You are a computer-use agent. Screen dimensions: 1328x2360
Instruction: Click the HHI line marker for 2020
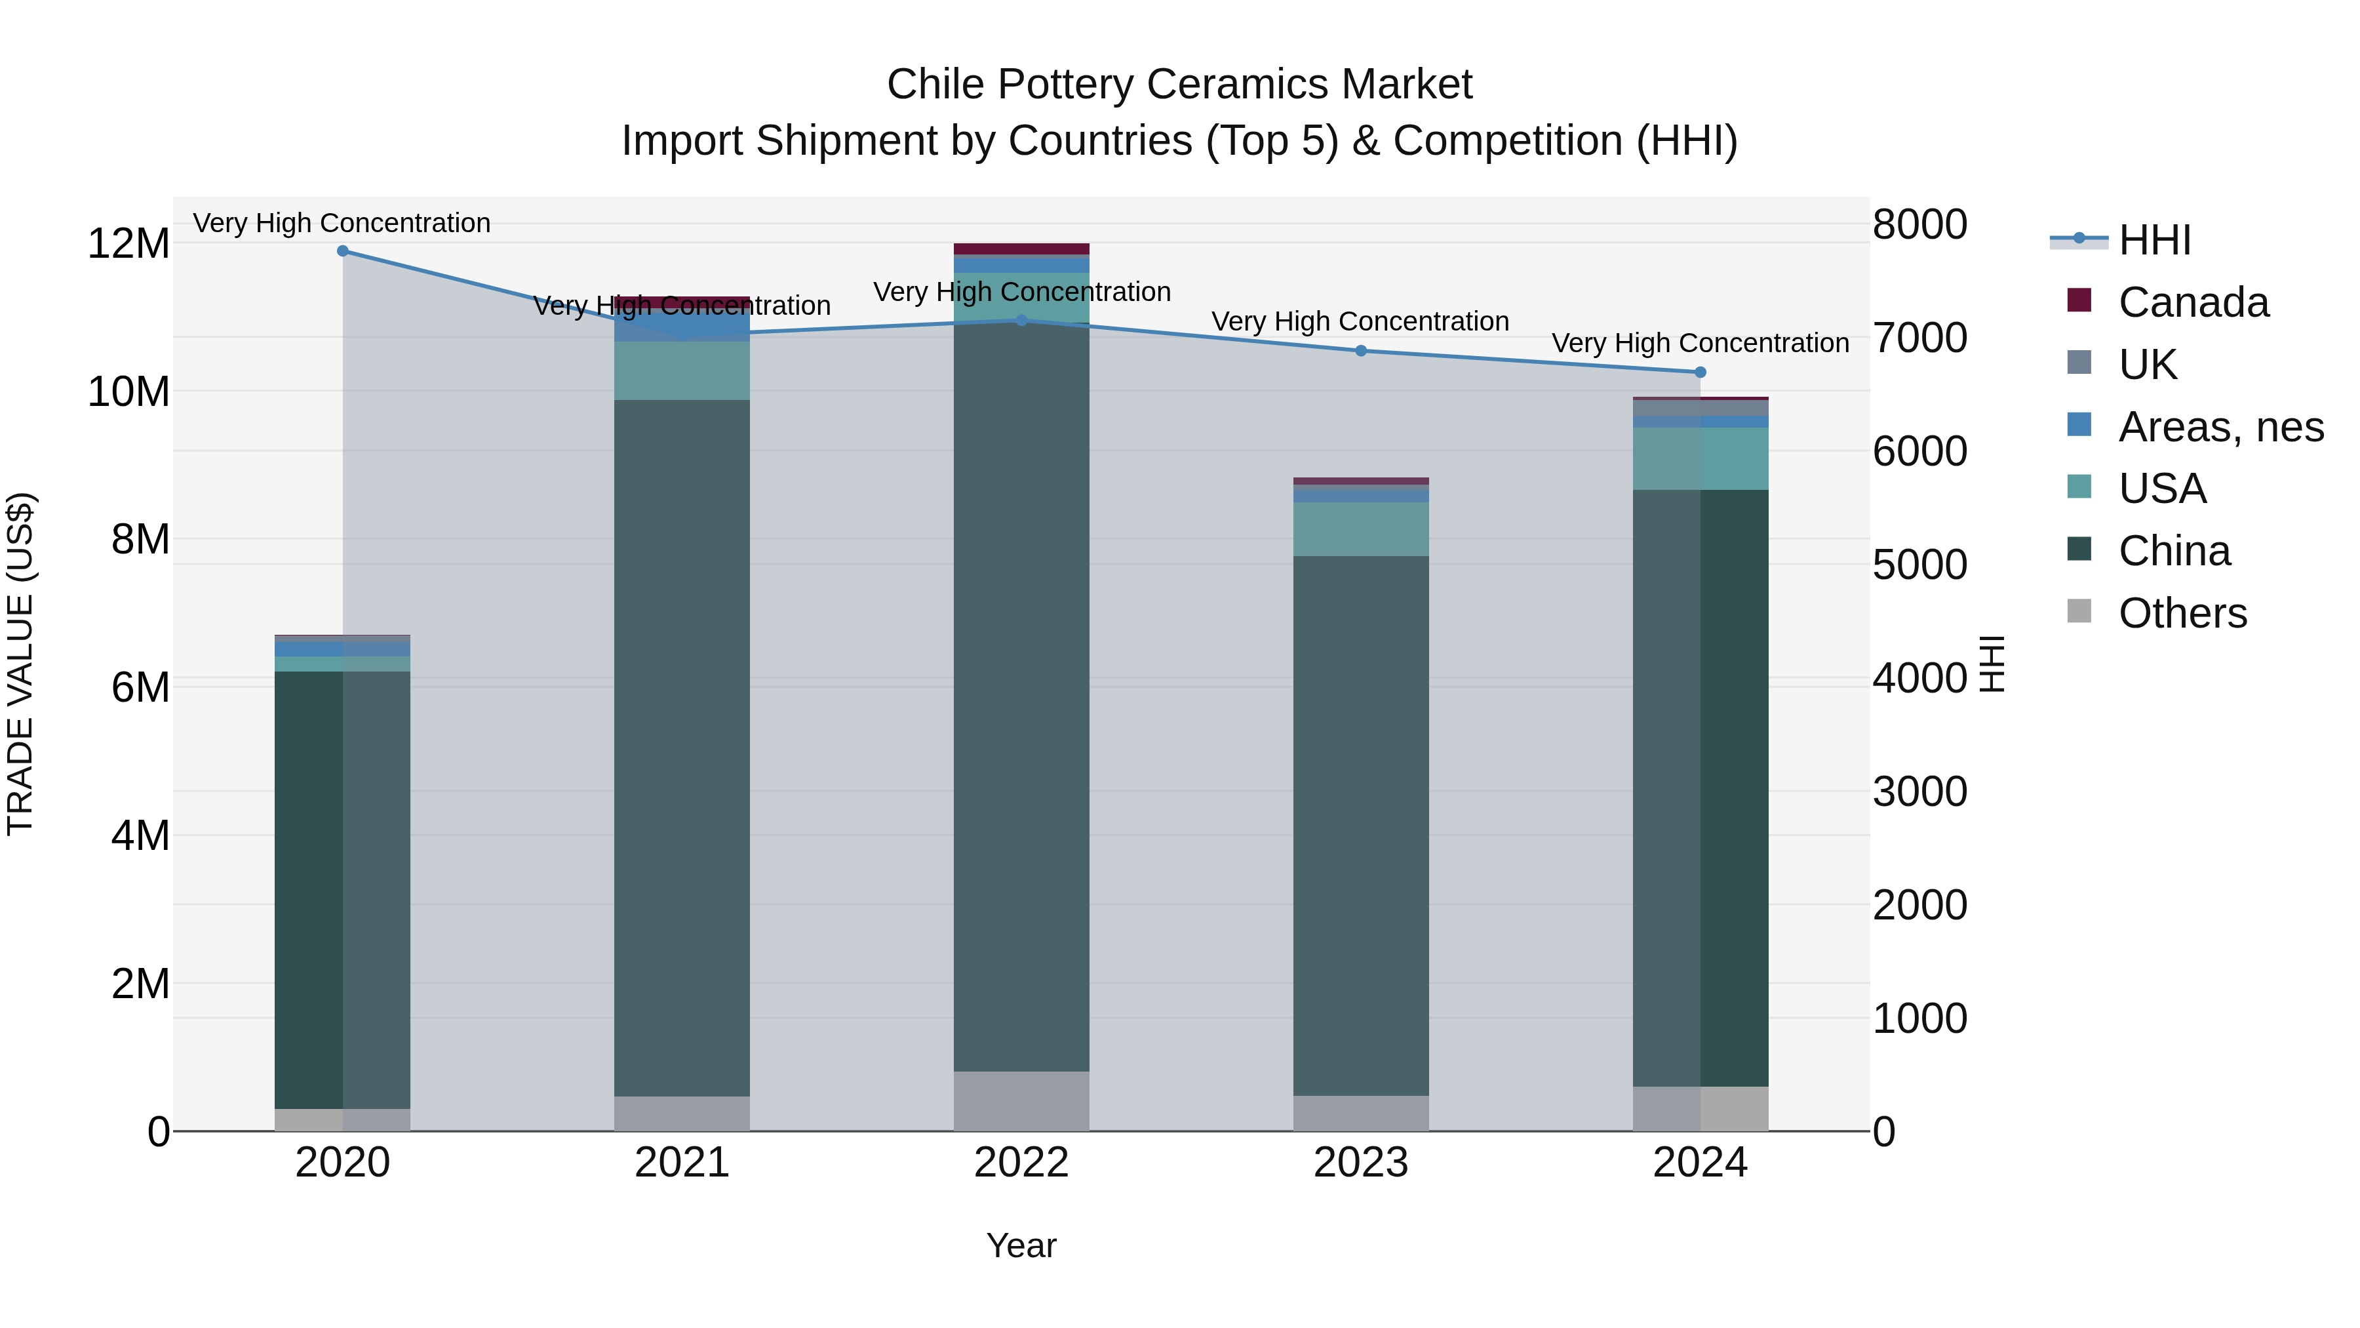click(x=343, y=251)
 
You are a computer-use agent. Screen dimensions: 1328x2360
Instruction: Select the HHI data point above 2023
click(x=1360, y=351)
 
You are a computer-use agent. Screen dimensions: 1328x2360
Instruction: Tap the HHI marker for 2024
click(x=1701, y=372)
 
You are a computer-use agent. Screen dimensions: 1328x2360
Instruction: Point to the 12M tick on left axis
click(x=128, y=244)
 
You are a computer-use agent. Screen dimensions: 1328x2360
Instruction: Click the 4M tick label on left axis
click(x=139, y=836)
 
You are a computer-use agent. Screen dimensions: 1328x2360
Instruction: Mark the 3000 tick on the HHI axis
click(x=1919, y=792)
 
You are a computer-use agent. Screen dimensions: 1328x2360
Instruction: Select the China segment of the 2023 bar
click(x=1360, y=825)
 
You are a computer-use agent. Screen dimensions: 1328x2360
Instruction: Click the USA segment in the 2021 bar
click(x=682, y=371)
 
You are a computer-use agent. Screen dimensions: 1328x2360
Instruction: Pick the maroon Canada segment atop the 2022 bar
click(x=1021, y=249)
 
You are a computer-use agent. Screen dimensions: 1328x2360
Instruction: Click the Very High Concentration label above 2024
click(x=1701, y=344)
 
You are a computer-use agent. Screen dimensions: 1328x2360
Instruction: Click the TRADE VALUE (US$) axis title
click(x=20, y=664)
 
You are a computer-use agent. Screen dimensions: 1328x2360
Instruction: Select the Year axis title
click(x=1021, y=1247)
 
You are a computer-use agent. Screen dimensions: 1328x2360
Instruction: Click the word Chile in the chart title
click(x=936, y=85)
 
